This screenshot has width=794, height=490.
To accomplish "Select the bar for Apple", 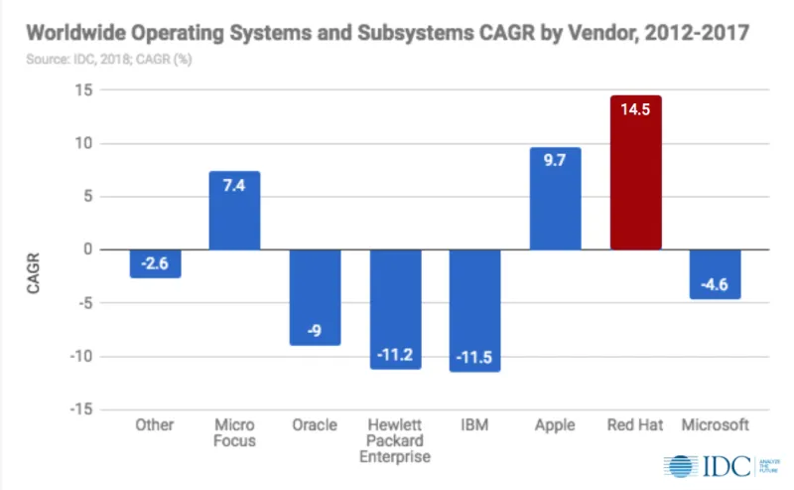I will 555,199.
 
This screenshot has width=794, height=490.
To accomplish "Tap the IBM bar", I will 474,310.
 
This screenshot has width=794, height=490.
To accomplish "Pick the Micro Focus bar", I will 234,210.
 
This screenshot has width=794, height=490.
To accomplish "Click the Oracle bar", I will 315,297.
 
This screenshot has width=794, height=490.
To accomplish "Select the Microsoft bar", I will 715,273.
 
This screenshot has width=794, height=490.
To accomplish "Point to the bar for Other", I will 155,263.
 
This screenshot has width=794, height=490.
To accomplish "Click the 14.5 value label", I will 635,109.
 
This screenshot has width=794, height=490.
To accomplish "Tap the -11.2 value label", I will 395,355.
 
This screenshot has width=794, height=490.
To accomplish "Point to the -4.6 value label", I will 715,285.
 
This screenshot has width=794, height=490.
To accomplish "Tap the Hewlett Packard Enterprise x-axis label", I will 395,440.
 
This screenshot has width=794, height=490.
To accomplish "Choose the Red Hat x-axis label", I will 635,425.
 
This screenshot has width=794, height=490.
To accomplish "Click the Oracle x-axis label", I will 315,425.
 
